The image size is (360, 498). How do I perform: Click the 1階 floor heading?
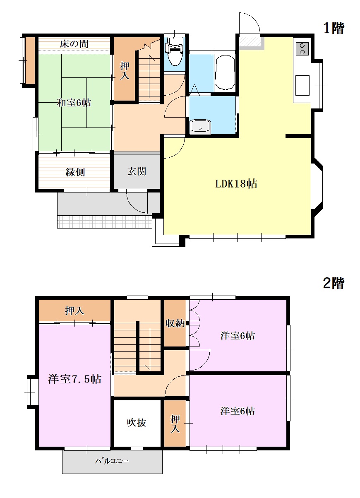[x=334, y=29]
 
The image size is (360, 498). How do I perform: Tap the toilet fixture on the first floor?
[x=175, y=51]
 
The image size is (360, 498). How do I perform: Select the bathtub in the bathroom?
[x=225, y=72]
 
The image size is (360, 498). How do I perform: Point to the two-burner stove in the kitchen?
[x=302, y=49]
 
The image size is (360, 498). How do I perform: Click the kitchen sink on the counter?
[x=302, y=85]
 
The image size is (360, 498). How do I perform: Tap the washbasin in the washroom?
[x=200, y=127]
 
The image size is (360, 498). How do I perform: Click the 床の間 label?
[x=74, y=44]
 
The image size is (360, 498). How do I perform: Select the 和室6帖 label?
[x=74, y=103]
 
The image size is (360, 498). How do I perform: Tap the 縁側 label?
[x=75, y=172]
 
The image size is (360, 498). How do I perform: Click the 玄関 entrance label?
[x=137, y=171]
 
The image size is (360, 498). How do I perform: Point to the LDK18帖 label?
[x=236, y=184]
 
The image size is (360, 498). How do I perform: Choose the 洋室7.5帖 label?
[x=74, y=379]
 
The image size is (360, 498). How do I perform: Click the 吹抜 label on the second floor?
[x=137, y=423]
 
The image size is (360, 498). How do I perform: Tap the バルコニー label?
[x=112, y=461]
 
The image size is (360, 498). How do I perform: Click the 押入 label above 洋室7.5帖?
[x=74, y=311]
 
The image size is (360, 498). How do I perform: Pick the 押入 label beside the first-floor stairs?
[x=125, y=71]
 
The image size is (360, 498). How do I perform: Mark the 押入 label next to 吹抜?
[x=175, y=424]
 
